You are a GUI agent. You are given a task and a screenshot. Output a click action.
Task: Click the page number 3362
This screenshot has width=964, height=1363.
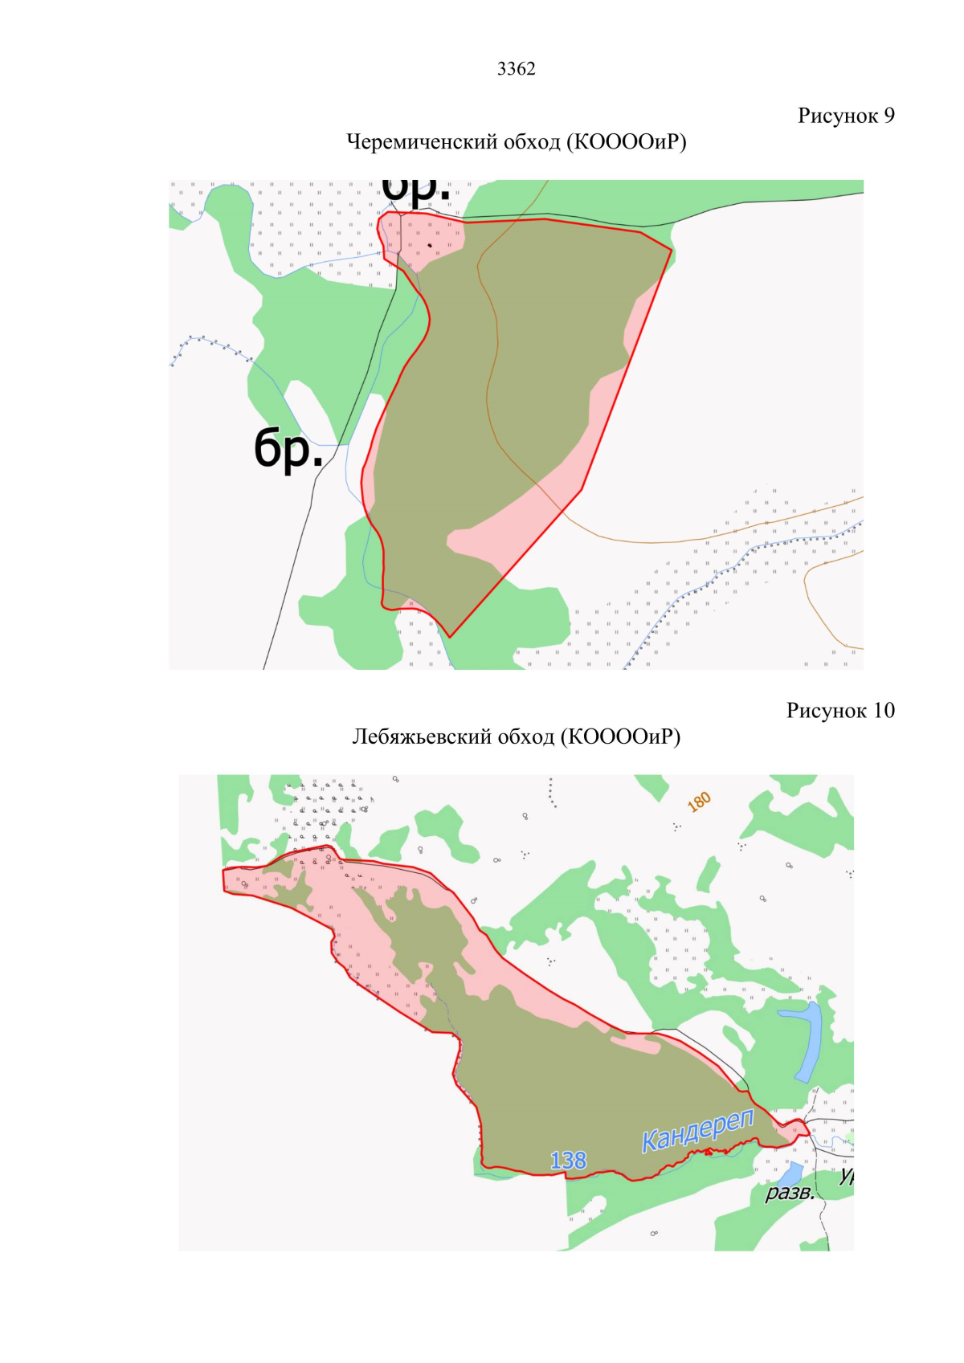pyautogui.click(x=516, y=69)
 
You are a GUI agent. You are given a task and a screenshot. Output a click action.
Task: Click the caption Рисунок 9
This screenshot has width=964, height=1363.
pyautogui.click(x=845, y=116)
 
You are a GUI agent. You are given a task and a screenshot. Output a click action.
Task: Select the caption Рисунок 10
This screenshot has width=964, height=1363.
pyautogui.click(x=839, y=711)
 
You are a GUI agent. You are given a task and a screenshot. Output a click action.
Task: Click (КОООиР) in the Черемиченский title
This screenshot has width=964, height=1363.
pyautogui.click(x=627, y=142)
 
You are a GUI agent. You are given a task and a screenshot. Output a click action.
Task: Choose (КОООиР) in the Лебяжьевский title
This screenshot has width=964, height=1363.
pyautogui.click(x=620, y=737)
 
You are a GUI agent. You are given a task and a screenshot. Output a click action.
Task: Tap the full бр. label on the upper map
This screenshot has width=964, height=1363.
pyautogui.click(x=288, y=448)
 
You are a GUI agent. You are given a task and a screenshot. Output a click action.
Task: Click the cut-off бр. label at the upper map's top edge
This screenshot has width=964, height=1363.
pyautogui.click(x=415, y=190)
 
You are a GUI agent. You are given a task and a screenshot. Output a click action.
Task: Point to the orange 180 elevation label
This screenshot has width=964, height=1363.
pyautogui.click(x=699, y=801)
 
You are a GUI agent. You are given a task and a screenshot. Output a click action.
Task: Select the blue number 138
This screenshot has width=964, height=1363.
pyautogui.click(x=568, y=1160)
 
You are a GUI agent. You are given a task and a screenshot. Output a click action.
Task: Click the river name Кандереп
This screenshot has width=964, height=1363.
pyautogui.click(x=697, y=1130)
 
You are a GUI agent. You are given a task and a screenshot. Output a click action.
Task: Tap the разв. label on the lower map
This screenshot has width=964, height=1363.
pyautogui.click(x=789, y=1193)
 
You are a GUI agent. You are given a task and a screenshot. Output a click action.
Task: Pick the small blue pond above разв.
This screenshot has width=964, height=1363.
pyautogui.click(x=790, y=1172)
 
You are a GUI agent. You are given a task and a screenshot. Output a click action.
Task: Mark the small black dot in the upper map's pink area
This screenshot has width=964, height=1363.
pyautogui.click(x=430, y=245)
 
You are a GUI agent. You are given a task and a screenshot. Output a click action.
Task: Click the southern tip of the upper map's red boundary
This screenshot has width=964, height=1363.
pyautogui.click(x=450, y=637)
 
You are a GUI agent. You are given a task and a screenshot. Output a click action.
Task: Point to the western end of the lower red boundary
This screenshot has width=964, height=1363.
pyautogui.click(x=224, y=880)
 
